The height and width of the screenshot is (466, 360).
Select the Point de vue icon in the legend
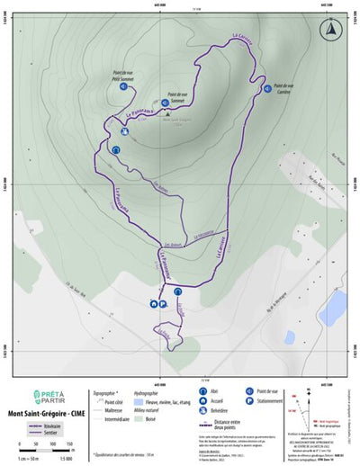click(247, 393)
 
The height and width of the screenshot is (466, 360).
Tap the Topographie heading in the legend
click(105, 393)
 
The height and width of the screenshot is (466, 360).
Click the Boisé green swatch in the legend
click(140, 418)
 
